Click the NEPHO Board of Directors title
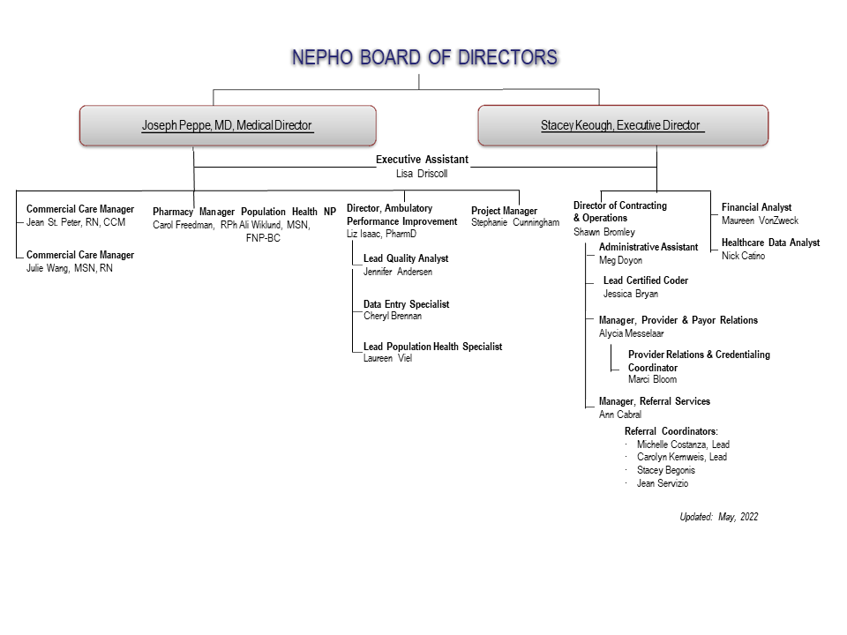(424, 58)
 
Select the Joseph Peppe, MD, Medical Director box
(228, 125)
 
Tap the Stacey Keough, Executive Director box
(623, 125)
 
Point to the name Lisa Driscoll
(422, 174)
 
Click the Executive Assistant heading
(422, 160)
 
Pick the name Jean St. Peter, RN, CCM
(76, 222)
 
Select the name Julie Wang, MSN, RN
(70, 268)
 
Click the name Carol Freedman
(184, 225)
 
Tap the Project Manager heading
(504, 211)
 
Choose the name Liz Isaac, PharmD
(381, 234)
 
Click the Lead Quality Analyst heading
(406, 258)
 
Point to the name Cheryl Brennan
(392, 316)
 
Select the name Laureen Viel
(387, 358)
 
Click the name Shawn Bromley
(603, 232)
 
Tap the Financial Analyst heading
(756, 207)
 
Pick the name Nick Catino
(743, 256)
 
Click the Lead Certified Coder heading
(646, 280)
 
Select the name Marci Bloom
(652, 379)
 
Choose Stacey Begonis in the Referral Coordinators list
(665, 470)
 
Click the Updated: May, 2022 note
(718, 517)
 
